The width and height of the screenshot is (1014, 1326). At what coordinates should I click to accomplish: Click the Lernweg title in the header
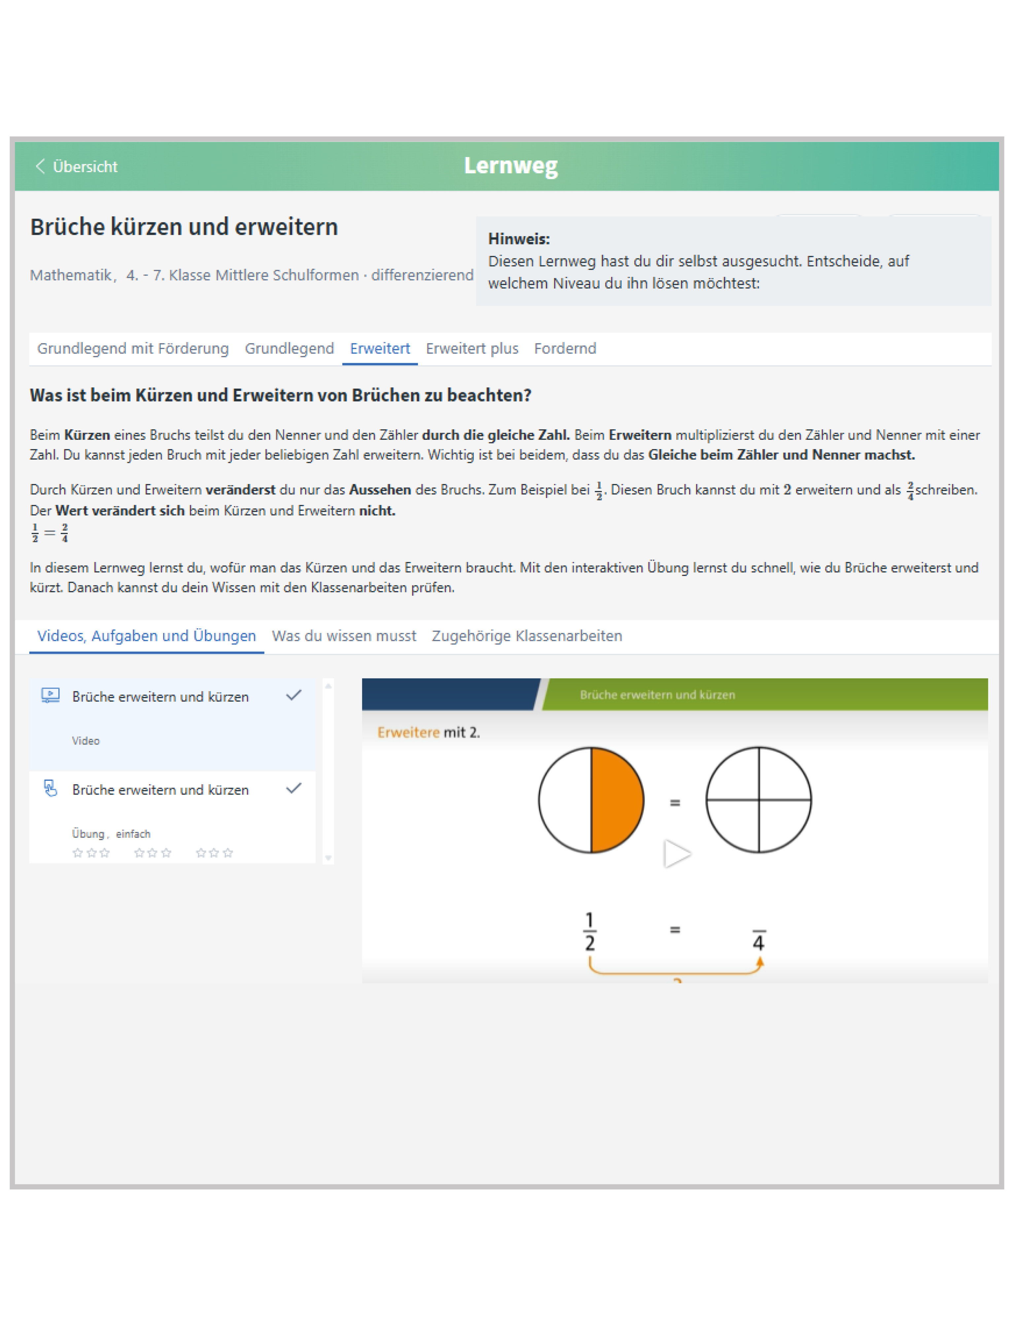510,165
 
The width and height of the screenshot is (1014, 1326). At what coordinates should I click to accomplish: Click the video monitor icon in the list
50,695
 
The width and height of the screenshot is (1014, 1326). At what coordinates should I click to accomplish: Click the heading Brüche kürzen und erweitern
184,227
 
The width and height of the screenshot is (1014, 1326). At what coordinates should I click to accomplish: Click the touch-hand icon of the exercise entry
50,788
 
